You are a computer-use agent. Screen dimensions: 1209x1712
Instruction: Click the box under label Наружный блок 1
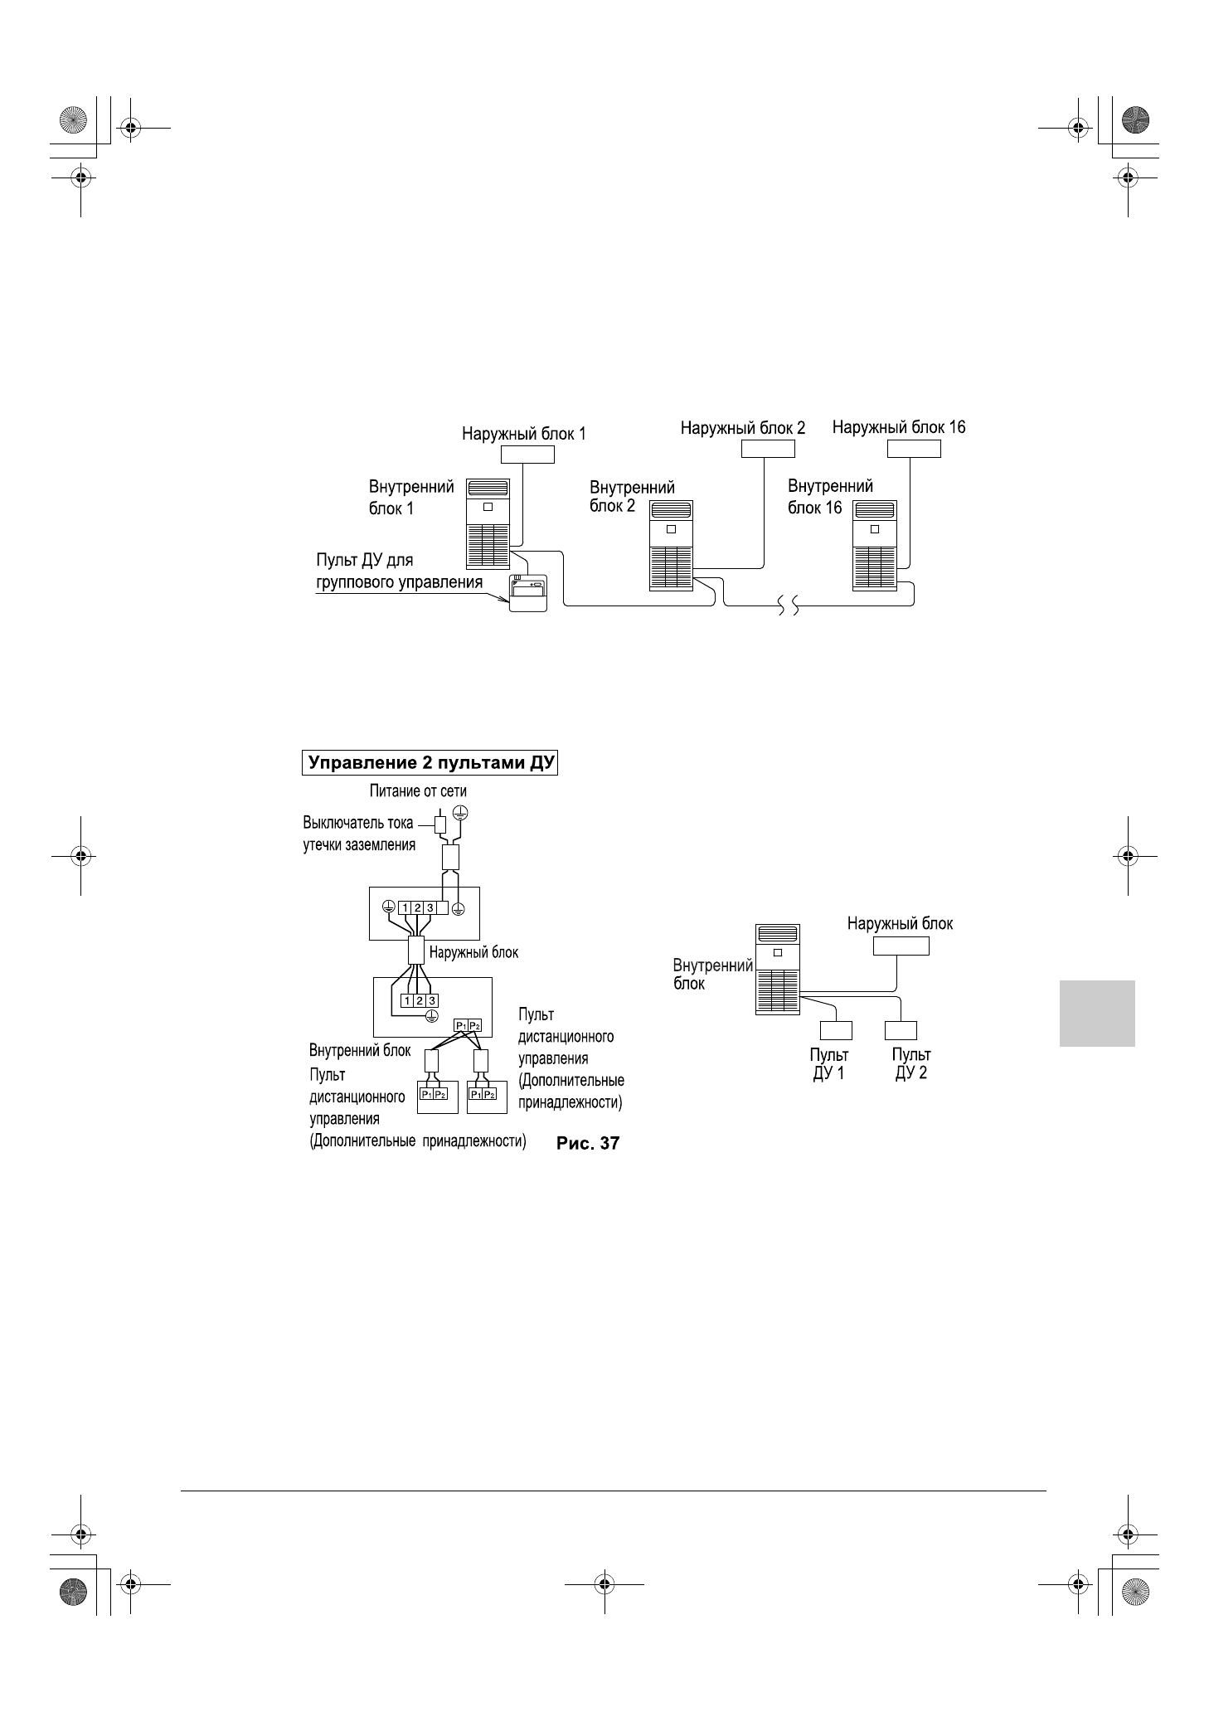tap(527, 454)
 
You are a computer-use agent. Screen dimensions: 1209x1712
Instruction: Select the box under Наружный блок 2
tap(767, 449)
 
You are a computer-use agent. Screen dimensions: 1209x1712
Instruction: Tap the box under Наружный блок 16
tap(914, 449)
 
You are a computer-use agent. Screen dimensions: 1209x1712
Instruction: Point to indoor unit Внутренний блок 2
tap(671, 546)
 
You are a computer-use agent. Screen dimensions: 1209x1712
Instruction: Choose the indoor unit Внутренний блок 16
tap(874, 545)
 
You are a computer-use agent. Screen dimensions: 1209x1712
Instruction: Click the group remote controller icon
tap(528, 593)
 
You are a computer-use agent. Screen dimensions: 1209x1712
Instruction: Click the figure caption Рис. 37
tap(588, 1143)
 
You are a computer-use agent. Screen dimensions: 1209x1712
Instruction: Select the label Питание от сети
tap(418, 791)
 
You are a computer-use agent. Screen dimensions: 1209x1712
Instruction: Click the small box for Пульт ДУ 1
tap(836, 1030)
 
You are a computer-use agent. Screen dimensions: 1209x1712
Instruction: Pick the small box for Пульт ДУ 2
tap(901, 1030)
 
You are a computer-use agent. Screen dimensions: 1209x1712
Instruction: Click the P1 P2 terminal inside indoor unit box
tap(468, 1026)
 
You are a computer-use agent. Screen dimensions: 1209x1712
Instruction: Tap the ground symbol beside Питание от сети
tap(462, 812)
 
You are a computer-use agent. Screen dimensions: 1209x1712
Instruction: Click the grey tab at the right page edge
tap(1096, 1013)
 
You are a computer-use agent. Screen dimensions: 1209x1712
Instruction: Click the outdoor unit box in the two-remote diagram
tap(901, 946)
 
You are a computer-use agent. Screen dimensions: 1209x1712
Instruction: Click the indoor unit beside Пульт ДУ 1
tap(778, 969)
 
